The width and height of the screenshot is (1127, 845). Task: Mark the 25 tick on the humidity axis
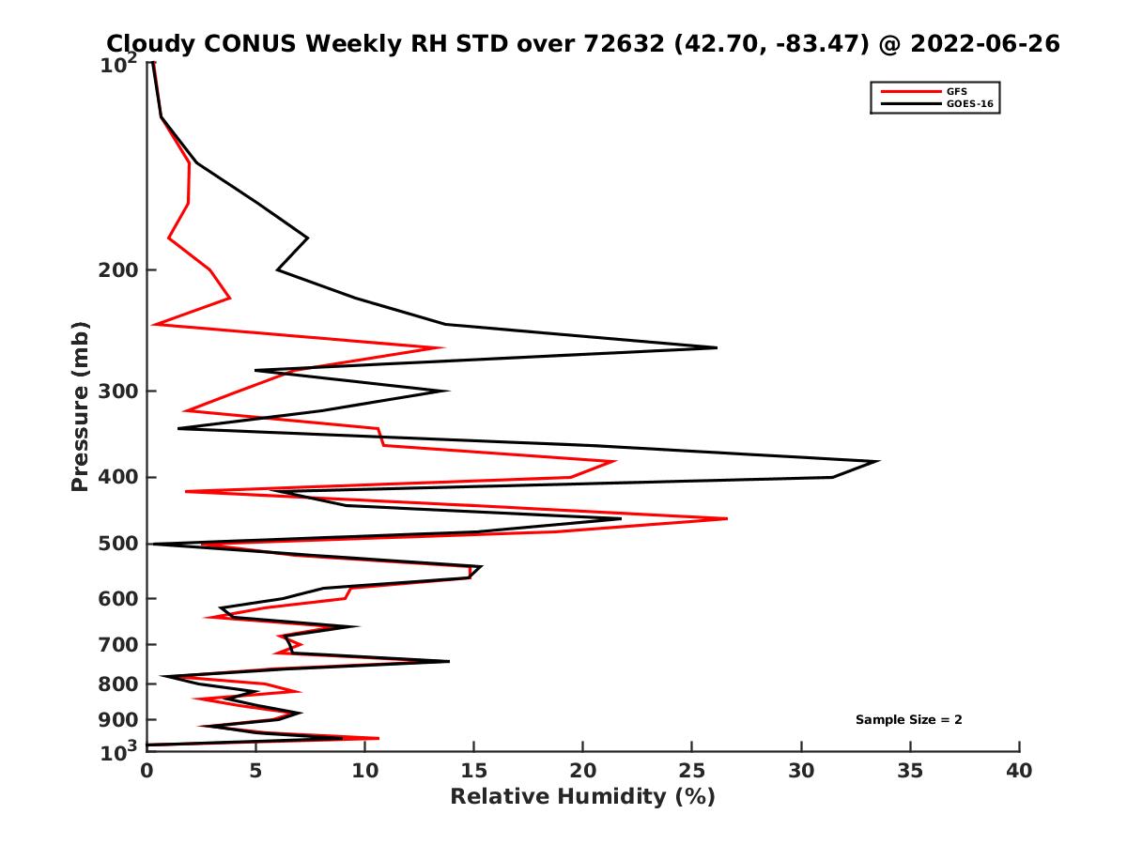[692, 771]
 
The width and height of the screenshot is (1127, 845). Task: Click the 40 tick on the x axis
[1019, 771]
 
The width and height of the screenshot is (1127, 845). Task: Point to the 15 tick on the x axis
[473, 771]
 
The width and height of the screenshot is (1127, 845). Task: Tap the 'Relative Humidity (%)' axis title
[582, 797]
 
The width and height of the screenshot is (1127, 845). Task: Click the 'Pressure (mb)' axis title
[80, 406]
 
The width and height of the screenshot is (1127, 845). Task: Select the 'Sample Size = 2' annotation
[908, 720]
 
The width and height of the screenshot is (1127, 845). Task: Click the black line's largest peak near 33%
[878, 461]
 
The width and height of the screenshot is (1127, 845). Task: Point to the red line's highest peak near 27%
[726, 518]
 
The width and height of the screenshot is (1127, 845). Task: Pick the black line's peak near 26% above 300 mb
[717, 347]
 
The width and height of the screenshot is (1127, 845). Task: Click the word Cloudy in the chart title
[146, 43]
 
